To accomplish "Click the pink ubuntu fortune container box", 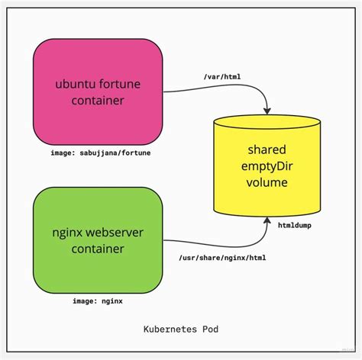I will (x=98, y=91).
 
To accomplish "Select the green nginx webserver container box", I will (x=98, y=237).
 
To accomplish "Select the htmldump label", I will (x=293, y=227).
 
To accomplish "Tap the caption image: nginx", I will (x=98, y=301).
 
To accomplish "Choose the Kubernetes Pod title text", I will (x=180, y=330).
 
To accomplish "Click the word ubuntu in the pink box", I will (x=75, y=82).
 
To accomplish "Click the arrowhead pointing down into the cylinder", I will (x=265, y=111).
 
